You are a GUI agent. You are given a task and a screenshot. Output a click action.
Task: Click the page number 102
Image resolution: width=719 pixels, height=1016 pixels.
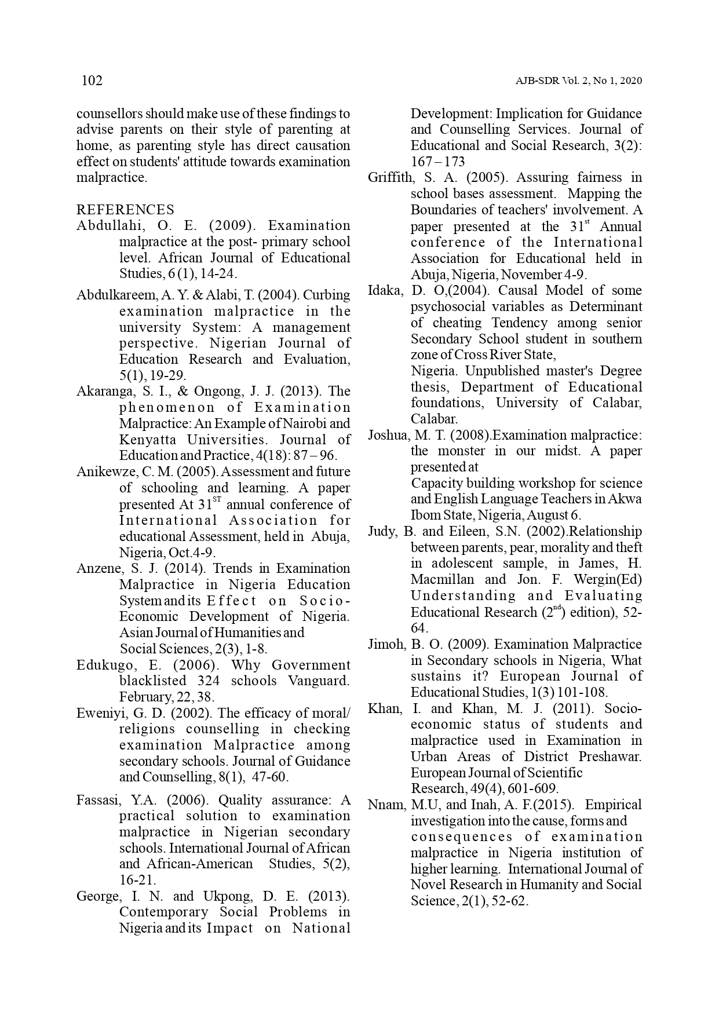tap(92, 81)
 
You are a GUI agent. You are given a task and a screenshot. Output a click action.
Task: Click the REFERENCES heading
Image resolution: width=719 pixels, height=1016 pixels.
tap(125, 210)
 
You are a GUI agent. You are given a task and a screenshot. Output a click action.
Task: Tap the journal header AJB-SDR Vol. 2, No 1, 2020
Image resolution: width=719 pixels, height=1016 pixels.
tap(578, 81)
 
